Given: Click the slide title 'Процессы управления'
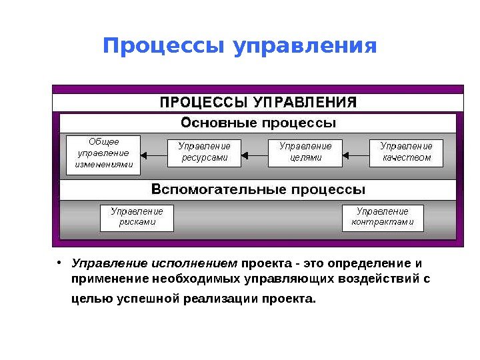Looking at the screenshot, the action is (x=240, y=47).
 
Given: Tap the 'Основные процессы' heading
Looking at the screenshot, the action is (x=259, y=123).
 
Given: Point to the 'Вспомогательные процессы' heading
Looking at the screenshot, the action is (x=259, y=189).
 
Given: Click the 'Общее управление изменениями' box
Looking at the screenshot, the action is (x=103, y=155).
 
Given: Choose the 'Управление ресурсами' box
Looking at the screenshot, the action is (x=205, y=153).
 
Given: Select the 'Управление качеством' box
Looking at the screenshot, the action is (x=406, y=153).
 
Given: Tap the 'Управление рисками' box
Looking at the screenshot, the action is (x=137, y=217).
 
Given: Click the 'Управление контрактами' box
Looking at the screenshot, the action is (x=383, y=217).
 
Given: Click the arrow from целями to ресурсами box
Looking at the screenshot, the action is (x=254, y=155).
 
